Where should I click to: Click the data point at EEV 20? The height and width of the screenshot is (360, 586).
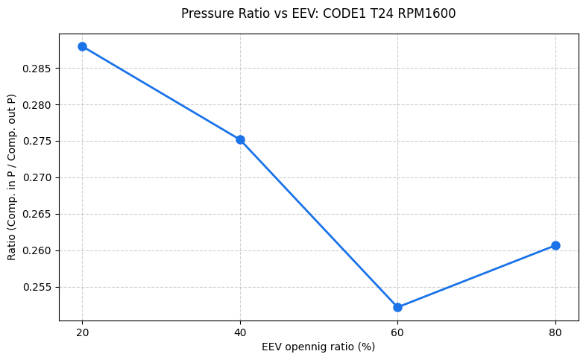[x=82, y=46]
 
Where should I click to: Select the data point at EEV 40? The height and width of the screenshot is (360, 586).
[x=240, y=139]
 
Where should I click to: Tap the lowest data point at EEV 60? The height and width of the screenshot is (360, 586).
[x=397, y=307]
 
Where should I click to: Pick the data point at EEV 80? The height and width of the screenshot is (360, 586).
[x=555, y=245]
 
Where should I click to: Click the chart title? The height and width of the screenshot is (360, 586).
[x=318, y=13]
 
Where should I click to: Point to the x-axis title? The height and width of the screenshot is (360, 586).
[x=318, y=347]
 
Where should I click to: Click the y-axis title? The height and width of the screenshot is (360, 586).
[x=12, y=177]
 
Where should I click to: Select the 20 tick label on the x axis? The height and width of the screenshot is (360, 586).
[x=82, y=332]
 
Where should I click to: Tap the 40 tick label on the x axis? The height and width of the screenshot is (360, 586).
[x=240, y=332]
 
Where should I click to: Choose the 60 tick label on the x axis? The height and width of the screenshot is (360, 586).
[x=397, y=332]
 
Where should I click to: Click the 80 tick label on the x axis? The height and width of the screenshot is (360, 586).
[x=555, y=332]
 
